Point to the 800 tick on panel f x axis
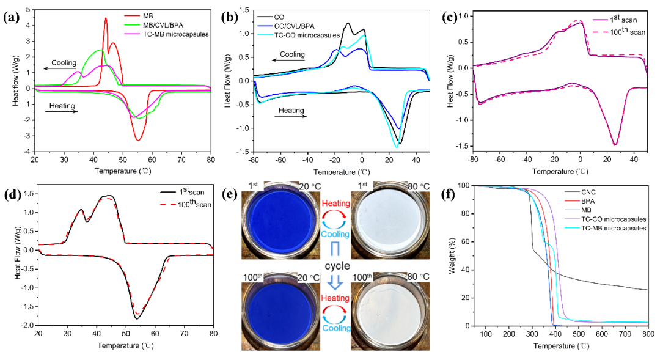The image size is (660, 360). pyautogui.click(x=648, y=334)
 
